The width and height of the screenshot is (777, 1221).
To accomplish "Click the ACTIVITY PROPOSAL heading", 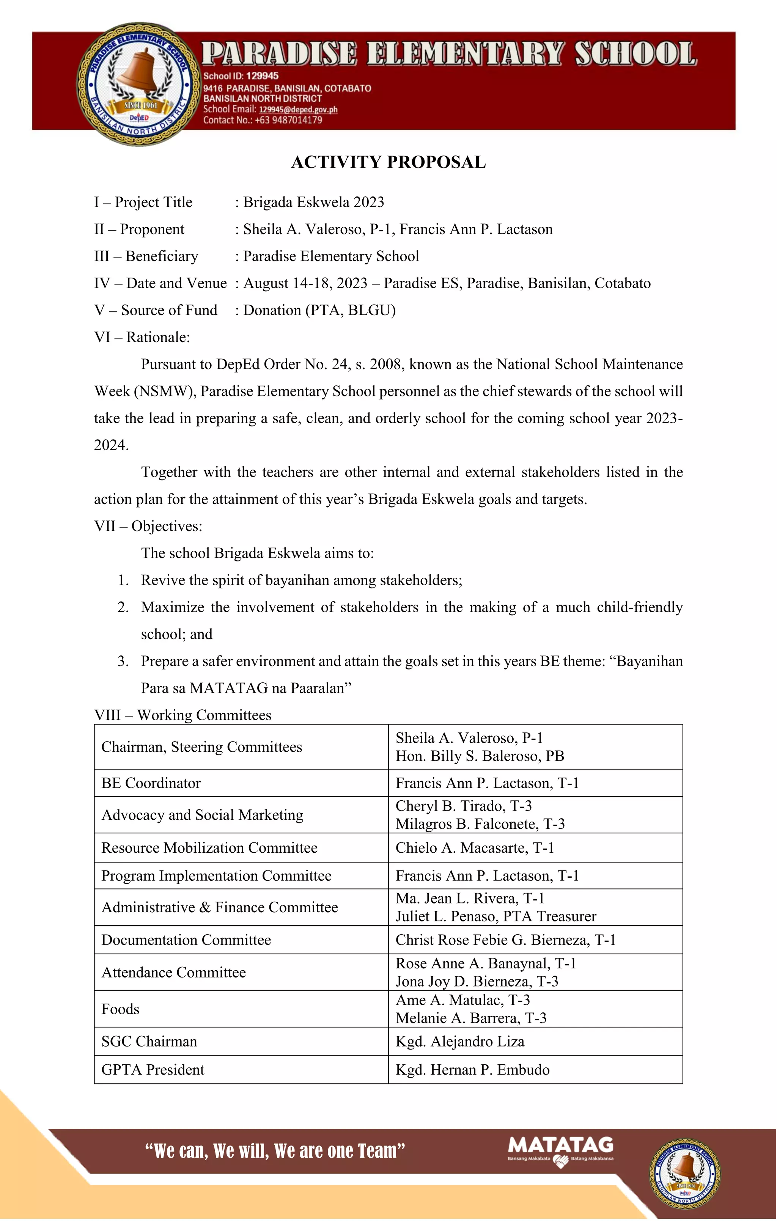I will pos(388,162).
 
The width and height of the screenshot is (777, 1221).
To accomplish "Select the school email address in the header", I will pos(298,110).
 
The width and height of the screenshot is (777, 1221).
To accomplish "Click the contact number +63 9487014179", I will pos(288,120).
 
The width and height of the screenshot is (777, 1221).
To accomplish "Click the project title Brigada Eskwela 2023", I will pos(313,202).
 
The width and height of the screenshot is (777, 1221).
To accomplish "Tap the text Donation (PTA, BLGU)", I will pos(319,310).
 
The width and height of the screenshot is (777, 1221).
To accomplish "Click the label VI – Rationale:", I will pos(142,337).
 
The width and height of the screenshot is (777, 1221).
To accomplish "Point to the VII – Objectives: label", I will pos(148,526).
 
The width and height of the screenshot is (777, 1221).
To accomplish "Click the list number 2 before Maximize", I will pos(123,607).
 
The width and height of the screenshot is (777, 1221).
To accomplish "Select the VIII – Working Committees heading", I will pos(182,715).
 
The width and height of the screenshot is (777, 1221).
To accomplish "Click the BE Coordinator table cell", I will pos(151,783).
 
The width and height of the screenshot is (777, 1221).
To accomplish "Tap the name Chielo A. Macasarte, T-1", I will pos(475,848).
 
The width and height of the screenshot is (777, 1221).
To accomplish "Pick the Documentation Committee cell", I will pos(186,940).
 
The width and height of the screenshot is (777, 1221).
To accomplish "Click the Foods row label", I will pos(120,1009).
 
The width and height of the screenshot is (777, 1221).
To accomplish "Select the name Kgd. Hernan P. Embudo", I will pos(472,1070).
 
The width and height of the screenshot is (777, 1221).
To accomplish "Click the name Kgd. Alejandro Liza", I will pos(459,1042).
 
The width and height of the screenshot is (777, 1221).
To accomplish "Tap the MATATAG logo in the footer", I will pos(560,1151).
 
